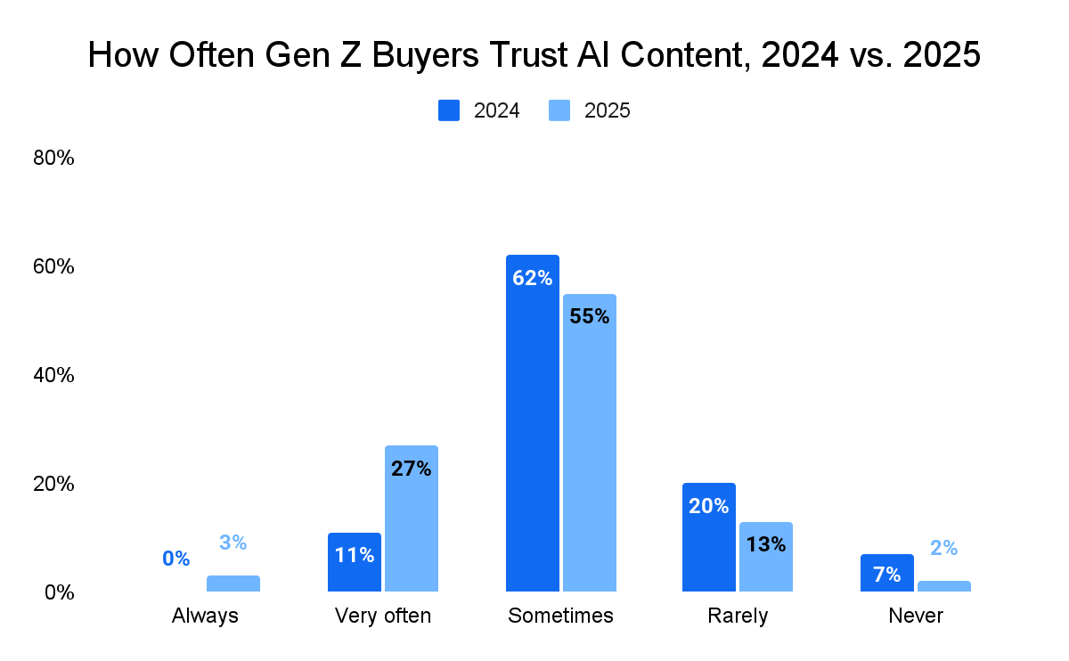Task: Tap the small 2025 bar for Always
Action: (x=233, y=583)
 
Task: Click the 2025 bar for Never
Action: (x=944, y=586)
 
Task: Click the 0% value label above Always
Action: (x=176, y=559)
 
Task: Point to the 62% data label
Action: (x=533, y=278)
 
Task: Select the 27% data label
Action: (x=412, y=469)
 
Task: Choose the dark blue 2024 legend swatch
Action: (x=449, y=110)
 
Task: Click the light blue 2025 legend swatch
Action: (x=559, y=110)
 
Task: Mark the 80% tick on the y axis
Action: (x=53, y=159)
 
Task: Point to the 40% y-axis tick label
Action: (x=53, y=376)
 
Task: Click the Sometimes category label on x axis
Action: (x=560, y=616)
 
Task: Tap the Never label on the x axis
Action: (x=916, y=616)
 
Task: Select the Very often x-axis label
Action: (x=383, y=616)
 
